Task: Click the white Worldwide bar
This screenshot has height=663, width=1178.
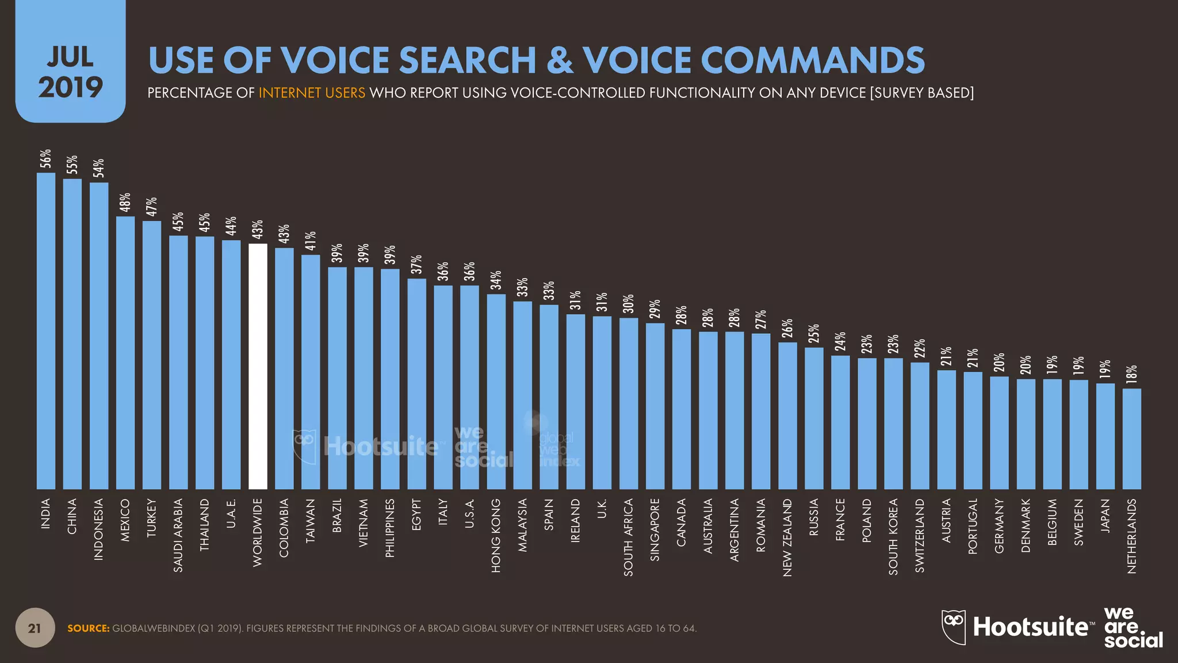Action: coord(258,366)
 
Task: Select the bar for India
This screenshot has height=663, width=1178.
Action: coord(46,331)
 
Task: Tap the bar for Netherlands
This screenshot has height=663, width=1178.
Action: coord(1131,439)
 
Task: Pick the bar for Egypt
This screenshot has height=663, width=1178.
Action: coord(416,384)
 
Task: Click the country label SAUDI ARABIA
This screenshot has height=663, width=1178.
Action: coord(178,535)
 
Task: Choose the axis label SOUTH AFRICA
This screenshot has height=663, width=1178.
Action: coord(629,537)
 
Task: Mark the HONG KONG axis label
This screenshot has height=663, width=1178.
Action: coord(496,535)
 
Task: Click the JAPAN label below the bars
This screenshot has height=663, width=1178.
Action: coord(1105,516)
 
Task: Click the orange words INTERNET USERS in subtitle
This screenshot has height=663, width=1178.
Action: coord(312,93)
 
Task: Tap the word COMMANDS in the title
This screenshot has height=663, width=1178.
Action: coord(813,60)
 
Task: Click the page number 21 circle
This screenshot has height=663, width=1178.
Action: coord(35,628)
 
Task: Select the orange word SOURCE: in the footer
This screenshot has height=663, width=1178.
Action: coord(88,628)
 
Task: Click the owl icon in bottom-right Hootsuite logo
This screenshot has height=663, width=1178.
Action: coord(953,627)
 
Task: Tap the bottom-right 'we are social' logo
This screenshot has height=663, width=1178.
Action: coord(1133,627)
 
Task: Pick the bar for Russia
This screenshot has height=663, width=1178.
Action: coord(814,418)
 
